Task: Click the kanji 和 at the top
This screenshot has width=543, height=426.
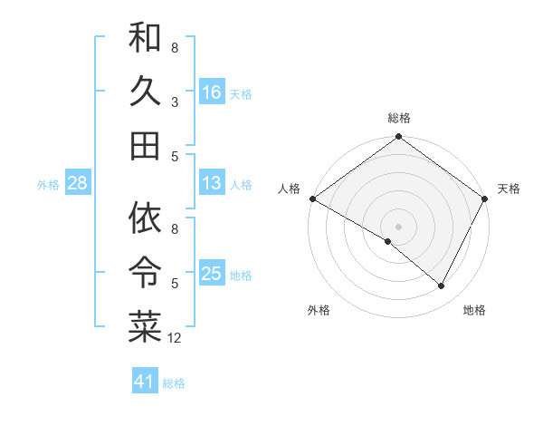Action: tap(145, 38)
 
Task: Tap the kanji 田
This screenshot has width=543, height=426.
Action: tap(145, 145)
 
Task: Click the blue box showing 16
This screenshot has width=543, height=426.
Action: tap(212, 92)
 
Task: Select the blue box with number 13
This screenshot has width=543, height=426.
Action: tap(212, 184)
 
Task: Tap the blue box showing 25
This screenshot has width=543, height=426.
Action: tap(212, 275)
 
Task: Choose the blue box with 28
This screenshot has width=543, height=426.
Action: tap(78, 184)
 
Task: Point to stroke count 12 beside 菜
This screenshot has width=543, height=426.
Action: tap(175, 338)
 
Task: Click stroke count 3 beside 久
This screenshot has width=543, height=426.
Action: tap(174, 102)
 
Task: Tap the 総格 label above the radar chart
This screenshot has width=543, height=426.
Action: tap(399, 118)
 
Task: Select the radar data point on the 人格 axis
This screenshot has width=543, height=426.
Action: tap(312, 198)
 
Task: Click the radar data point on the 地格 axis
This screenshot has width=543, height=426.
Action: tap(442, 286)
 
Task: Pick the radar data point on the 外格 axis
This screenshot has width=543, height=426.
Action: tap(388, 242)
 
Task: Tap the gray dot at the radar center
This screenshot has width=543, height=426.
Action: tap(399, 226)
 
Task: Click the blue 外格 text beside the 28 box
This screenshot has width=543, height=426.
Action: tap(48, 185)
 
